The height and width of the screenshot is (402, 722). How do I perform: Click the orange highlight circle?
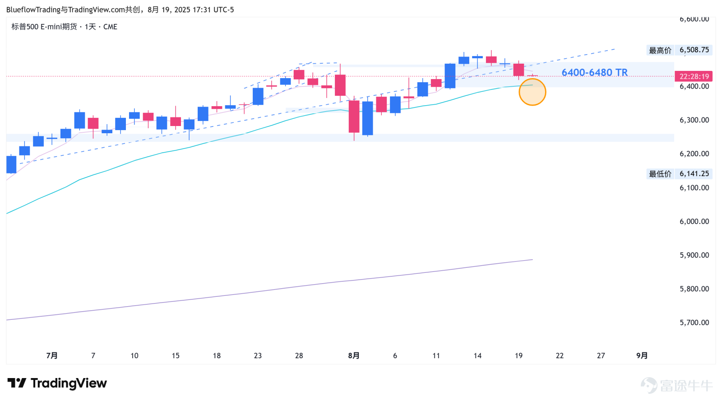tap(532, 92)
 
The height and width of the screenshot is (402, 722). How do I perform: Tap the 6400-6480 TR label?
tap(594, 72)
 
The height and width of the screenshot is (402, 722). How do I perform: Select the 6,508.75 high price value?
tap(694, 50)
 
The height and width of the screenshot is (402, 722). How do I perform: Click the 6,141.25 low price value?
tap(694, 173)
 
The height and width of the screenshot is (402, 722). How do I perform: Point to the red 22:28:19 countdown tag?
tap(694, 76)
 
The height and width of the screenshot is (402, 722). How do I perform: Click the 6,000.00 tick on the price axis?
tap(694, 221)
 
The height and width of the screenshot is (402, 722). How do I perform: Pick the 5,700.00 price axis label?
tap(694, 323)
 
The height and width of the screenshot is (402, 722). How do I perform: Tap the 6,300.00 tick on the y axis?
tap(694, 120)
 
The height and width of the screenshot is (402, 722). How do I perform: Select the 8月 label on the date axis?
tap(354, 355)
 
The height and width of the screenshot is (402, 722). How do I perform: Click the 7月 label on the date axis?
tap(52, 355)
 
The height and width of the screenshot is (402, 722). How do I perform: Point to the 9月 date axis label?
tap(642, 355)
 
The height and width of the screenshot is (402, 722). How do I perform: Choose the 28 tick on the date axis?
tap(299, 355)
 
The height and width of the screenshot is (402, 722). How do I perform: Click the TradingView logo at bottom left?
tap(57, 383)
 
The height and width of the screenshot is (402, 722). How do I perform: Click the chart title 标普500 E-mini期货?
tap(44, 27)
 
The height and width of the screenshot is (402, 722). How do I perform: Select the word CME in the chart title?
tap(110, 27)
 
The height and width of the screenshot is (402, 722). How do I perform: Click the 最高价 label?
tap(660, 50)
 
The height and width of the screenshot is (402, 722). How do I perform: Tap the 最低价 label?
tap(660, 174)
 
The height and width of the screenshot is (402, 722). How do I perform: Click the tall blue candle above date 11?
tap(450, 76)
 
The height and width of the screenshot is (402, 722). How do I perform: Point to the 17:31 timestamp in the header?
tap(202, 9)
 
